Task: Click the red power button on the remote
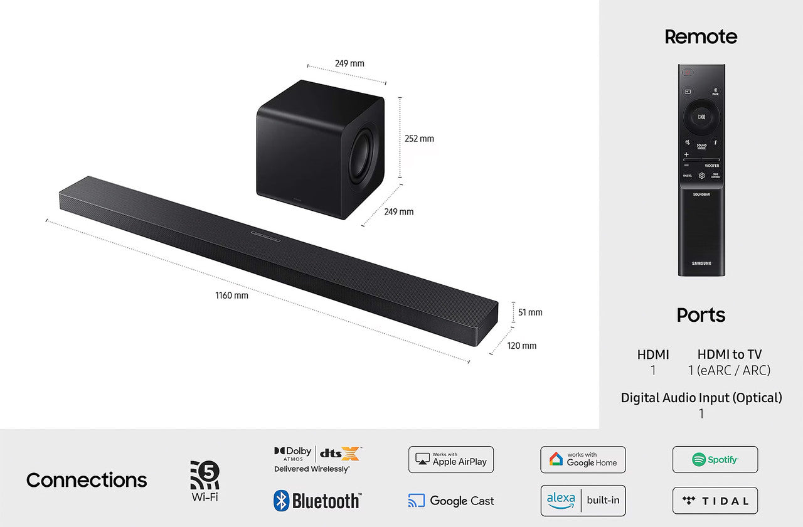(688, 72)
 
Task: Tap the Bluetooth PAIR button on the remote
(715, 91)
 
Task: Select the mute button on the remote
(688, 142)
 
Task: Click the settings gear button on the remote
(701, 176)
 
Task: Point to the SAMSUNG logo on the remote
(701, 263)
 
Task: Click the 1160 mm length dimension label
(232, 295)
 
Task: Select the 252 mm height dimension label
(419, 139)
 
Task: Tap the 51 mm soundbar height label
(530, 312)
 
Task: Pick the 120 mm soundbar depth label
(521, 346)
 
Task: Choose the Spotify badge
(715, 460)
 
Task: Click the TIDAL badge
(715, 501)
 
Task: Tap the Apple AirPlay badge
(451, 460)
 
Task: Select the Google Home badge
(583, 460)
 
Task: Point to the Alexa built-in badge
(583, 501)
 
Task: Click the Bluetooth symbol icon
(281, 501)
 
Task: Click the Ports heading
(701, 315)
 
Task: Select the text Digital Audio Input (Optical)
(701, 398)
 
